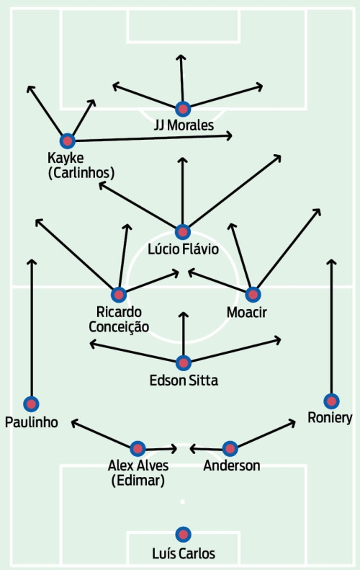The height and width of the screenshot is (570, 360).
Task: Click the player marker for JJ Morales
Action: click(183, 109)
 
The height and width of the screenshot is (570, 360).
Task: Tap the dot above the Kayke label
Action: click(67, 141)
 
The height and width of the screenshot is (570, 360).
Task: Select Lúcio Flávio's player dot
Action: click(183, 232)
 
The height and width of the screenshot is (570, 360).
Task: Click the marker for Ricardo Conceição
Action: click(118, 295)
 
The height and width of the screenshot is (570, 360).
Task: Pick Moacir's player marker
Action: click(253, 295)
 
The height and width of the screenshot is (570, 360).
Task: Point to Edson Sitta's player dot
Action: click(184, 362)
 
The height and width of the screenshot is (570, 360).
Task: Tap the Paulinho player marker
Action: click(31, 404)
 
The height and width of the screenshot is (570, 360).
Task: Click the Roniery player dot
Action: click(331, 401)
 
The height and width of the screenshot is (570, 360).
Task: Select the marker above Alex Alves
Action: click(138, 449)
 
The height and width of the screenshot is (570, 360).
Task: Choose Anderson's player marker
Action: click(230, 449)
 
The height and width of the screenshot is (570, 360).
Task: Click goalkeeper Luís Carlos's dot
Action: click(183, 535)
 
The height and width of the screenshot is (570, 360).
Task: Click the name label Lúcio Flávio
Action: click(184, 249)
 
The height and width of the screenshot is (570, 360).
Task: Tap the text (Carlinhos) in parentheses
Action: click(81, 173)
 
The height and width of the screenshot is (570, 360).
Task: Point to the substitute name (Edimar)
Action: click(138, 481)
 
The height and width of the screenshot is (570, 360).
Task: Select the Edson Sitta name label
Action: click(184, 380)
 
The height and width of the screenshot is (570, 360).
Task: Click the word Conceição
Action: click(119, 327)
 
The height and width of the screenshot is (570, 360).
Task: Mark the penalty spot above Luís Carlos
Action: click(182, 502)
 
